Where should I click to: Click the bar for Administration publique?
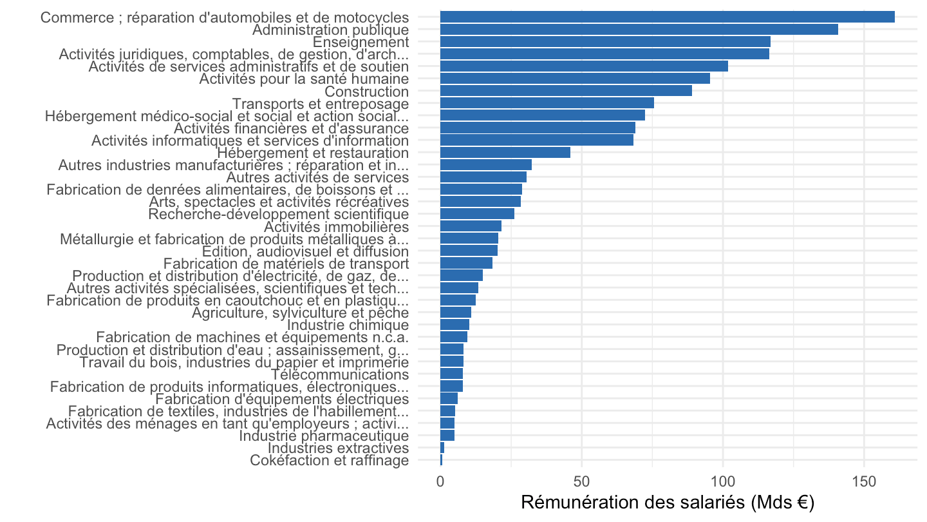pos(639,30)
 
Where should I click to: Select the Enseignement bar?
pos(605,42)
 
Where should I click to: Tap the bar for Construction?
pos(566,91)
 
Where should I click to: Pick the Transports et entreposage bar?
pos(547,103)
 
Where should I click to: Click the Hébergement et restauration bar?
pos(505,153)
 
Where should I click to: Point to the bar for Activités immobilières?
pos(471,226)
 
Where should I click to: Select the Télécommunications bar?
pos(451,374)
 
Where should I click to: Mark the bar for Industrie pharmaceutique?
pos(447,436)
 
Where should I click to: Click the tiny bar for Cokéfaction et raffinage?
pos(441,460)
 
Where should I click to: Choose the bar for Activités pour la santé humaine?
pos(576,79)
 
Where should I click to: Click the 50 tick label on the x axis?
pos(581,482)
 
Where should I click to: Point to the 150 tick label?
pos(864,482)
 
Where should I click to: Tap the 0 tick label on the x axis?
pos(440,482)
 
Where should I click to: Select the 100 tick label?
pos(723,482)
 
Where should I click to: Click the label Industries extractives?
pos(338,448)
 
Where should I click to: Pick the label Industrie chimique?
pos(348,325)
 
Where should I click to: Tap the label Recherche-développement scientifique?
pos(279,214)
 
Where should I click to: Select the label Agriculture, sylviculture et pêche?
pos(301,313)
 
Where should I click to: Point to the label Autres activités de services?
pos(317,177)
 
